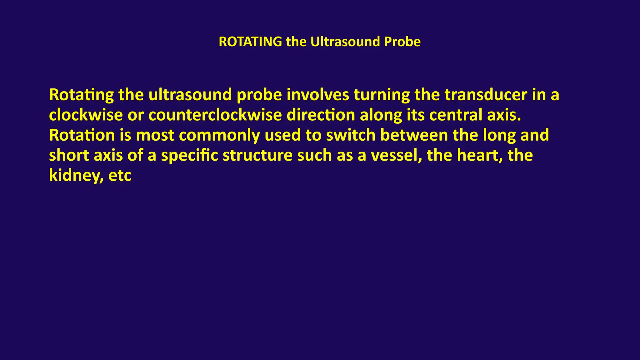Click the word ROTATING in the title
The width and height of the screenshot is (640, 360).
coord(250,42)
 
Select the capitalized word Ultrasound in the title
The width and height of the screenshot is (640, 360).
coord(345,42)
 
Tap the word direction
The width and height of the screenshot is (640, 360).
coord(321,115)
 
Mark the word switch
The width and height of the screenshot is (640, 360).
coord(351,135)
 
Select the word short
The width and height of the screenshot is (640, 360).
coord(69,155)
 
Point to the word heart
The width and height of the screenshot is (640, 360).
coord(480,155)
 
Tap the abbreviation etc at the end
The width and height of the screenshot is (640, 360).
coord(120,175)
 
